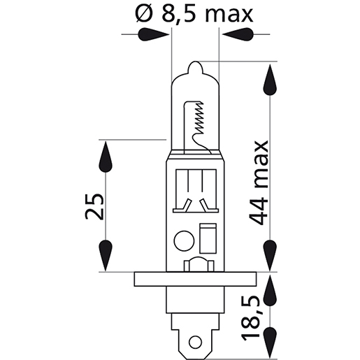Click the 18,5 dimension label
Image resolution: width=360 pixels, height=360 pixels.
254,317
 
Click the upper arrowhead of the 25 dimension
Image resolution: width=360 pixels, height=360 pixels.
106,157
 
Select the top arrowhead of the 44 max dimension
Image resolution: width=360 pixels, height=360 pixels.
269,81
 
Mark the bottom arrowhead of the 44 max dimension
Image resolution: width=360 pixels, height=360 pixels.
269,251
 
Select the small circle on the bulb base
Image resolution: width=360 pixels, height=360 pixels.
184,240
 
